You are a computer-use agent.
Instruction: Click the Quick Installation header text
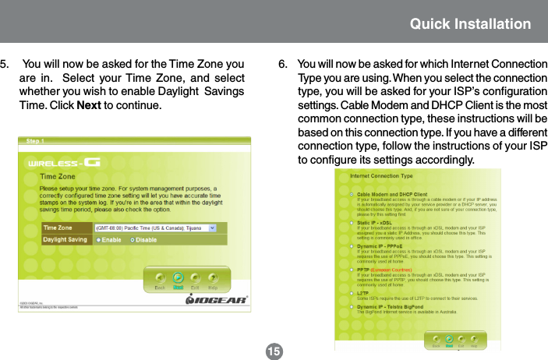(470, 23)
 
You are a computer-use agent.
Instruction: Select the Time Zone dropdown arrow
(212, 228)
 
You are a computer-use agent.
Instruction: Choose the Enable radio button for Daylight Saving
(98, 240)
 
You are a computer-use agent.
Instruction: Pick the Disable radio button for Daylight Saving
(133, 240)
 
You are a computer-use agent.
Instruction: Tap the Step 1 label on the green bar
(36, 141)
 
